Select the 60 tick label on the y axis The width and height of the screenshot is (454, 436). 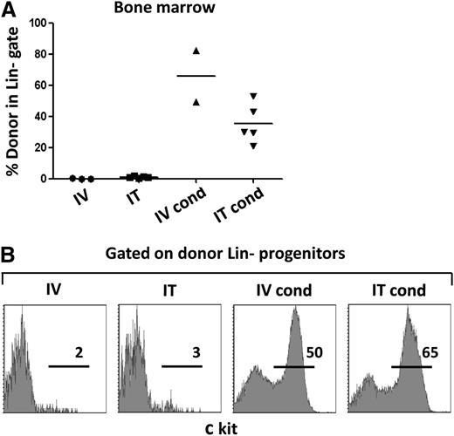62,85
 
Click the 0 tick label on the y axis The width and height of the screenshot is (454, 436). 65,179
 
